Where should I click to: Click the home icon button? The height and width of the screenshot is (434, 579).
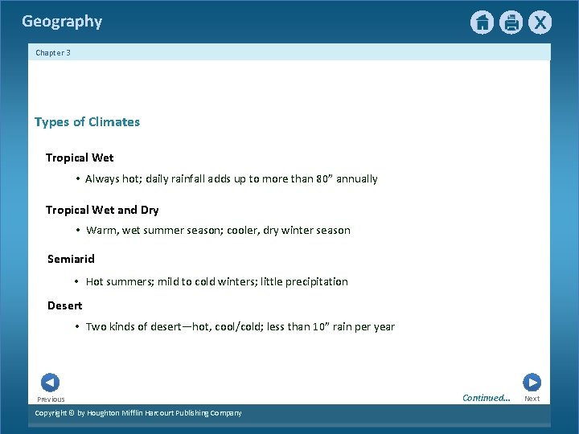482,23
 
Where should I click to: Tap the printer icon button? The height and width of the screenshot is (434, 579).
511,23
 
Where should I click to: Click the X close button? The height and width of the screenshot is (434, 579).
540,23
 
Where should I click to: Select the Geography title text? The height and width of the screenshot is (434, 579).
62,22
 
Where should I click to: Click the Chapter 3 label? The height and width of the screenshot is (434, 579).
53,53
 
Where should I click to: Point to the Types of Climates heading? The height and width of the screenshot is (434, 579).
87,122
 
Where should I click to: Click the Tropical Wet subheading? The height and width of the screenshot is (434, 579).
80,158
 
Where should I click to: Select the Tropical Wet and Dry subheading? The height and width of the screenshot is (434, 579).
102,210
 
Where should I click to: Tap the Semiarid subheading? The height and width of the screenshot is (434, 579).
71,259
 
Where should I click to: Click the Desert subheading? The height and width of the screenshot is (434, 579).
64,305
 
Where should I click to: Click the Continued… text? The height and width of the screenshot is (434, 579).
486,398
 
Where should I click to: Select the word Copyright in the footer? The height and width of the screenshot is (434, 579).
51,413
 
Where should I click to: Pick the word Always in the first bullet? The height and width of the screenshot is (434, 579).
102,178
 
